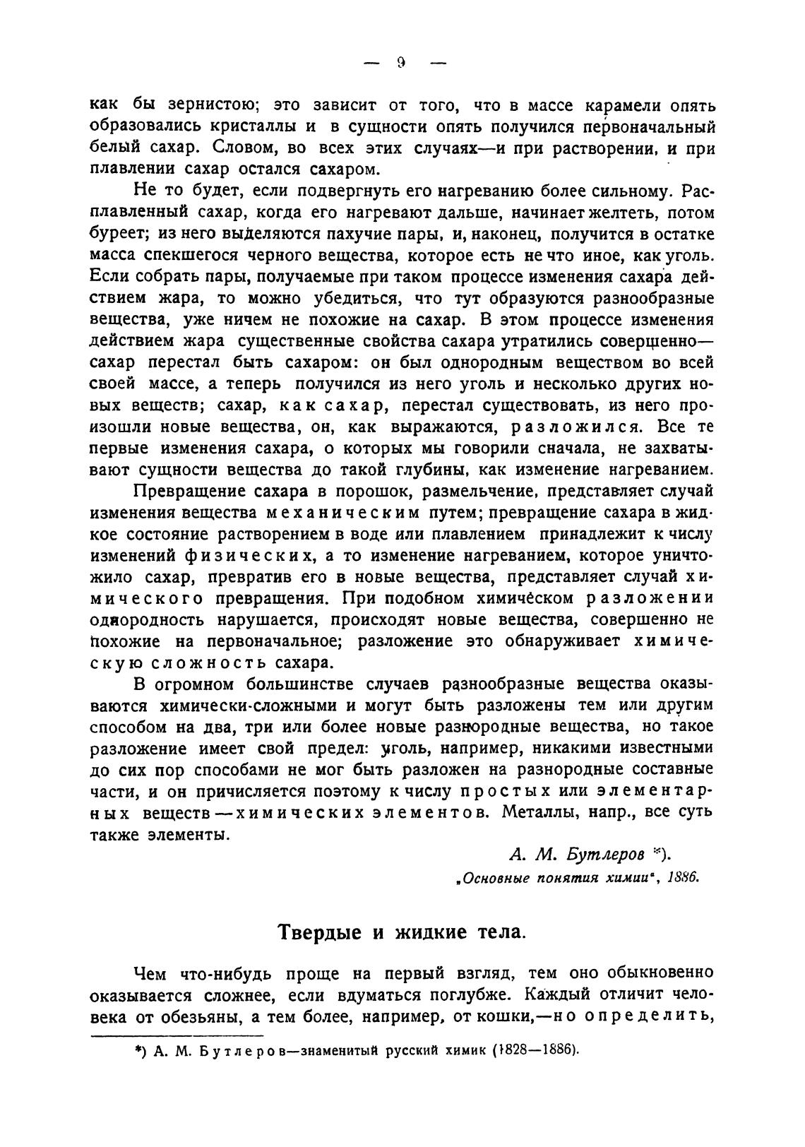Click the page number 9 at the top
[400, 63]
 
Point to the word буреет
[117, 234]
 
